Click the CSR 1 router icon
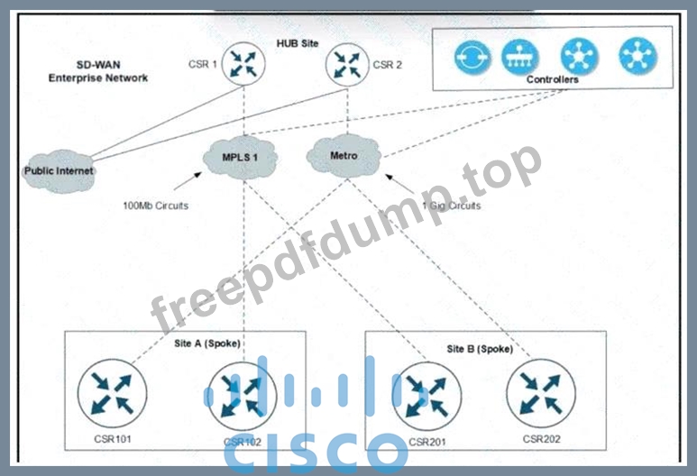(243, 63)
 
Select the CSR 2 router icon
(347, 64)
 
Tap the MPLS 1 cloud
(240, 158)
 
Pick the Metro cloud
(344, 156)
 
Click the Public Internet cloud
(59, 171)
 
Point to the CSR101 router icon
(112, 393)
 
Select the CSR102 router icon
(243, 396)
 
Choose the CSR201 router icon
(426, 396)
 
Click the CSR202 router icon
(541, 393)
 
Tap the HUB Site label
(298, 43)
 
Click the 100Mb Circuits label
(156, 206)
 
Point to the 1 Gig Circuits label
(452, 206)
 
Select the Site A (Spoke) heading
(207, 343)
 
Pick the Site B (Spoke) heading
(480, 349)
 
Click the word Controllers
(552, 79)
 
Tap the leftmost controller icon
(472, 57)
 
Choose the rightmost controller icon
(637, 56)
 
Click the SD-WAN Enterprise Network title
(97, 71)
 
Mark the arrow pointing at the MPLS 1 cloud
(188, 181)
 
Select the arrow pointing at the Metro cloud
(399, 184)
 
